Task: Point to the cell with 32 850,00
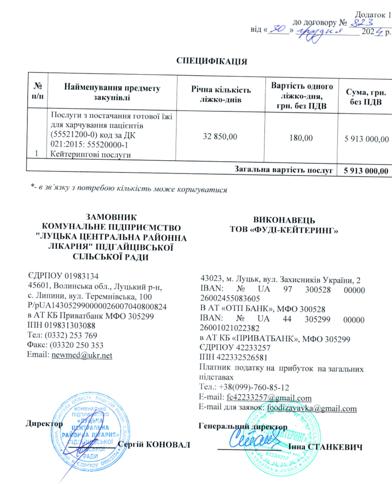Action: pyautogui.click(x=220, y=137)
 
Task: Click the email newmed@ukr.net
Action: pyautogui.click(x=81, y=355)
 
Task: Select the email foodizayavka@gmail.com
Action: pyautogui.click(x=312, y=408)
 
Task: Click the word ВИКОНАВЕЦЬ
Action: pyautogui.click(x=281, y=220)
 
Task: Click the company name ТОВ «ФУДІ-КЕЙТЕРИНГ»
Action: pyautogui.click(x=282, y=230)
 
